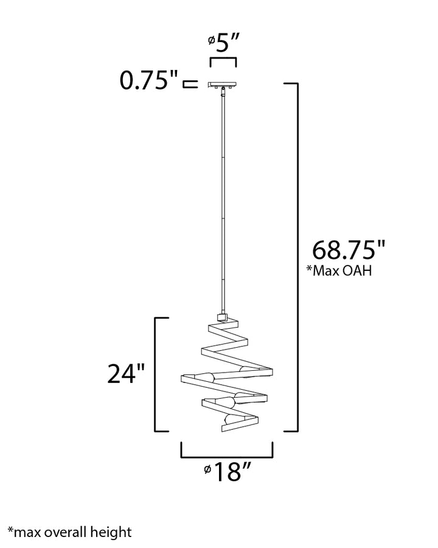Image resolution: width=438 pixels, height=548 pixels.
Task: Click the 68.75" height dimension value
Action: pos(348,250)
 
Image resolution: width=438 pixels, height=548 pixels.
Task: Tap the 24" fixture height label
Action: pos(126,374)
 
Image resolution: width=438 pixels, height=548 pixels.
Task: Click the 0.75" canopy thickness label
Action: pos(149,80)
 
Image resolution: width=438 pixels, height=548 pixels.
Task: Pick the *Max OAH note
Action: pos(339,270)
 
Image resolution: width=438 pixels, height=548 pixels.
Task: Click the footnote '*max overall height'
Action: pos(69,532)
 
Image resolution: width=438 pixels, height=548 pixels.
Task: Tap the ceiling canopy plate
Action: pos(223,84)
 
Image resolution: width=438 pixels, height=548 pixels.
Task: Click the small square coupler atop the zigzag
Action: pos(222,317)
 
